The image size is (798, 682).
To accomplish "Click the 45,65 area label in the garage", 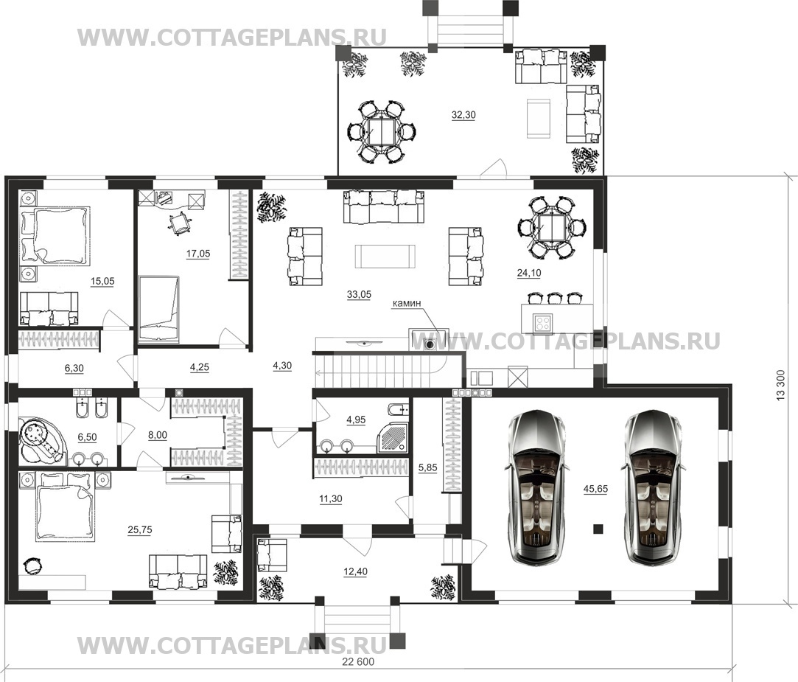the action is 595,489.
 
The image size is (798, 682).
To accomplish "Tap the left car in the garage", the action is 536,487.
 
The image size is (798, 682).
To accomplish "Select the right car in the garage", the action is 651,487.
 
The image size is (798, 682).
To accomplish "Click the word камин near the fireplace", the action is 407,303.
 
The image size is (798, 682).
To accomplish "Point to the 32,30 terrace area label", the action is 463,115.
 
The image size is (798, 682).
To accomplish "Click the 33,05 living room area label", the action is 359,294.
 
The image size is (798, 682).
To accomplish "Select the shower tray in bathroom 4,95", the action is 393,439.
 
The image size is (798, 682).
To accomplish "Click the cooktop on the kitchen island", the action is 542,322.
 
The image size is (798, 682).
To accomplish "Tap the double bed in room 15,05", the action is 55,235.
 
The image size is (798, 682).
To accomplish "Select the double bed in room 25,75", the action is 65,512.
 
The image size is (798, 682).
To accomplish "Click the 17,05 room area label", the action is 198,254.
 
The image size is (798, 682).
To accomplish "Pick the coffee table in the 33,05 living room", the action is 385,256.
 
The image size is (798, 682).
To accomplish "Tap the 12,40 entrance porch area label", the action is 355,572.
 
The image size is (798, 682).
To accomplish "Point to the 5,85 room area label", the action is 427,467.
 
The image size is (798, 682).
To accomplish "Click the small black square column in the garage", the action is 598,529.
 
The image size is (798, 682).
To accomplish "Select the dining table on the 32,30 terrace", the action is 382,132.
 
